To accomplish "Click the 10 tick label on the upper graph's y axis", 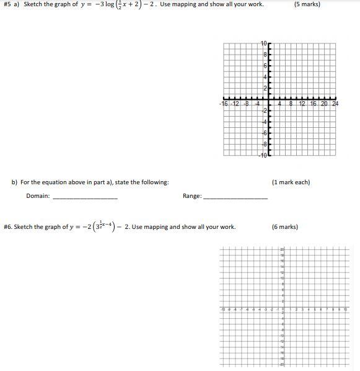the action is click(x=263, y=43).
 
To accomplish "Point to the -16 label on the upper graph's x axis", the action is click(x=224, y=104).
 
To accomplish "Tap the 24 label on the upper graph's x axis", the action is click(x=335, y=104).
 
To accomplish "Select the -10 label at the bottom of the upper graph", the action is click(x=263, y=154).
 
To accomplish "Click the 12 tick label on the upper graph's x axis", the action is click(x=302, y=104).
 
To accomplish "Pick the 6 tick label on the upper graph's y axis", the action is click(x=265, y=66).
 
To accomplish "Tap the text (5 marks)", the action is click(x=307, y=4).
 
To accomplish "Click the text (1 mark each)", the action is click(x=291, y=182).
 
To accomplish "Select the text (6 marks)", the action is click(x=284, y=227).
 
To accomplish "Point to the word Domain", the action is click(x=38, y=196).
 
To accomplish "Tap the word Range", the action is click(x=191, y=196).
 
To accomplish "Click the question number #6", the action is click(x=7, y=227).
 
